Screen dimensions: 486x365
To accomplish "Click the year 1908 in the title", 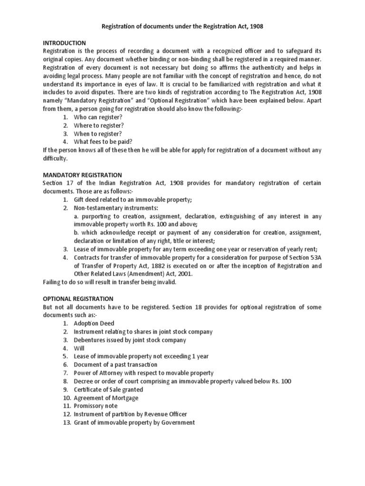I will click(255, 28).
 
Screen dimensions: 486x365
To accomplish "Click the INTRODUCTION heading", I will click(64, 43).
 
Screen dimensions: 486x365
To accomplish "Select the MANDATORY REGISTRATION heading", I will click(82, 175).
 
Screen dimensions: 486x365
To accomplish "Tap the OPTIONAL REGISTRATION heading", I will click(78, 299).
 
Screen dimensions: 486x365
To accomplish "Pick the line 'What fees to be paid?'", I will click(103, 141).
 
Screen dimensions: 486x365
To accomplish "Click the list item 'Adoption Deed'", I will click(94, 323).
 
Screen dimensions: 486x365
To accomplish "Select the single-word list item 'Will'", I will click(79, 348).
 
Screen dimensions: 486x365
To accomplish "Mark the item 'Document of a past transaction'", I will click(115, 364).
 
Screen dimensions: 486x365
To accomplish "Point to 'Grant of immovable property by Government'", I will click(134, 422).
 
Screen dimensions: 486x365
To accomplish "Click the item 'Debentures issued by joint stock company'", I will click(130, 340).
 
